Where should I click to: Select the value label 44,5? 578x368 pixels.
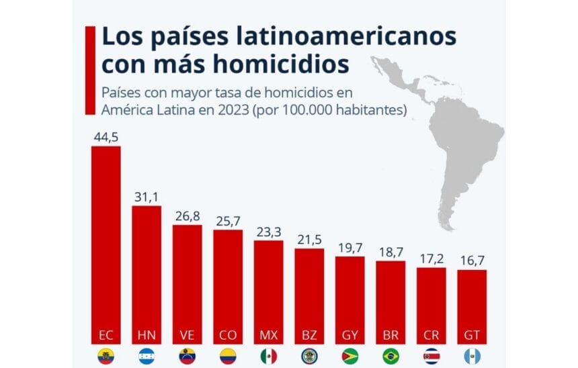(x=106, y=137)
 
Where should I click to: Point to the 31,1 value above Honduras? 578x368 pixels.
(x=146, y=197)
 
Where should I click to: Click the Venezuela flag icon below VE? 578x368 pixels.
(x=187, y=356)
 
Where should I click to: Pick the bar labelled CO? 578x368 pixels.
(x=228, y=282)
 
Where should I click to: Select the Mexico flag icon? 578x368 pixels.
(x=268, y=356)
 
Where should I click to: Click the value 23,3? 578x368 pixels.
(x=268, y=232)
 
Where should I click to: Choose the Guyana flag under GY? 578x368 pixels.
(x=349, y=356)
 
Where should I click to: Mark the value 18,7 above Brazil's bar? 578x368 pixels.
(x=390, y=252)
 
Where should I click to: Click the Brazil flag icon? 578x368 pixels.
(x=390, y=356)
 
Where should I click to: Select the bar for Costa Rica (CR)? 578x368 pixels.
(x=431, y=302)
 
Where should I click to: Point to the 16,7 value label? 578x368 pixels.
(x=472, y=261)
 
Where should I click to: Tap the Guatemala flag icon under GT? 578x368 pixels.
(x=472, y=356)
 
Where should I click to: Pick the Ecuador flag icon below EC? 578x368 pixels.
(x=106, y=356)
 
